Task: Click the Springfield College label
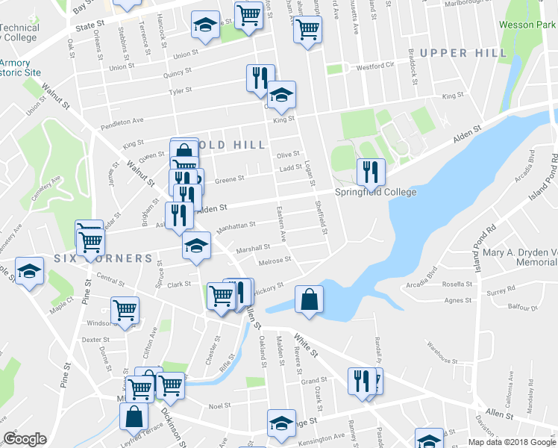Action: tap(375, 192)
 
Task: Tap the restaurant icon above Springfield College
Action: tap(370, 172)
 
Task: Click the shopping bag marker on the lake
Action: tap(309, 299)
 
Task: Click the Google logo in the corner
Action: tap(25, 439)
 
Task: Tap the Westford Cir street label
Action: tap(374, 66)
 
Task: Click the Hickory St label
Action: tap(269, 288)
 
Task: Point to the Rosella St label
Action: tap(457, 284)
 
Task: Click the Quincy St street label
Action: tap(178, 72)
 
